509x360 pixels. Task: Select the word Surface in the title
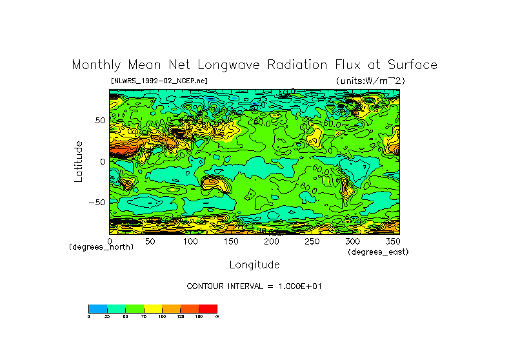point(412,65)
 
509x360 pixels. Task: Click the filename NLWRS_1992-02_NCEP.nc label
point(159,81)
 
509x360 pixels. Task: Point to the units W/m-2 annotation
point(370,81)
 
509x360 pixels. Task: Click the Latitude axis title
point(78,161)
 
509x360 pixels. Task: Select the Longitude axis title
point(254,265)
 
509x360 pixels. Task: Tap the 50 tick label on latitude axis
point(100,121)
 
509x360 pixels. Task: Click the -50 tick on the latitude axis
point(96,203)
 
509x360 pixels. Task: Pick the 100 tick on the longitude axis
point(190,241)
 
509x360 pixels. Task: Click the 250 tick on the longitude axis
point(311,241)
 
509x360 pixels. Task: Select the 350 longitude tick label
point(392,241)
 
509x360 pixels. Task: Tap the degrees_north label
point(101,247)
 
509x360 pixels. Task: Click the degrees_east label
point(378,252)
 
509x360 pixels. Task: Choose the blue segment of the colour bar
point(97,308)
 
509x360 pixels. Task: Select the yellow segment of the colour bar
point(152,308)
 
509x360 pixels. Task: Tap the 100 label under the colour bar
point(162,316)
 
